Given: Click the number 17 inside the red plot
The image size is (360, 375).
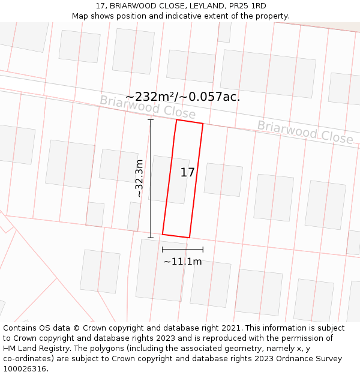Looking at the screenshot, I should (x=187, y=173).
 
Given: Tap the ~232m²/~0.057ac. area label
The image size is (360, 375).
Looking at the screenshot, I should (x=182, y=97).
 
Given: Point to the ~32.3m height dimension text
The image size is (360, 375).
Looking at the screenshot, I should (x=139, y=178).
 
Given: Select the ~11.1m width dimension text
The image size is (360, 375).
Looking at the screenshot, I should (x=182, y=262).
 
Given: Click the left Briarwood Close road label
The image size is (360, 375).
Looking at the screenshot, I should (x=148, y=107).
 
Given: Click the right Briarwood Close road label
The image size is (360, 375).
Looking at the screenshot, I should (x=305, y=132).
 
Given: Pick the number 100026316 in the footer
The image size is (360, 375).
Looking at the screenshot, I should (x=26, y=369).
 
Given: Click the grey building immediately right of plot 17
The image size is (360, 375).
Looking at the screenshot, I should (x=223, y=179).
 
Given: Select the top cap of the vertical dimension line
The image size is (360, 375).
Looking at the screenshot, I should (x=151, y=120).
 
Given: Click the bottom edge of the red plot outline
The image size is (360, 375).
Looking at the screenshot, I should (x=176, y=236).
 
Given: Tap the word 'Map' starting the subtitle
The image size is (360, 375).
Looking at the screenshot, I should (x=81, y=16).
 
